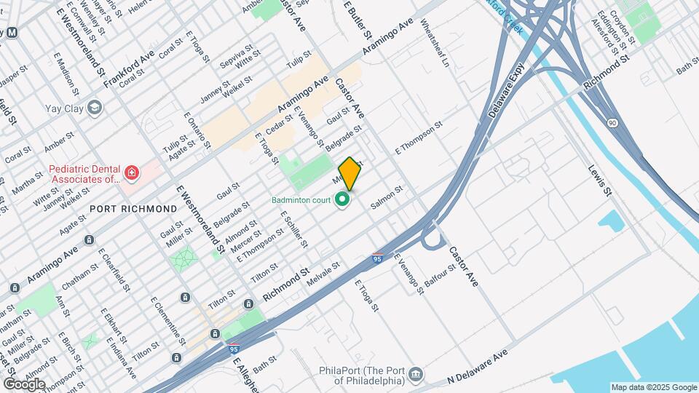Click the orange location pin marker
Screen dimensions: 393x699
[349, 173]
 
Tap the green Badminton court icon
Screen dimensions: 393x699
[342, 199]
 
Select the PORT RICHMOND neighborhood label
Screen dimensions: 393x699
[133, 209]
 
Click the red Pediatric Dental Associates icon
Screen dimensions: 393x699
[131, 173]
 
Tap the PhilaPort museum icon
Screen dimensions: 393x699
[416, 374]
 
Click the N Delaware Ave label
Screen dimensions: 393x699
[477, 368]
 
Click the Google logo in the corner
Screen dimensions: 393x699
[24, 384]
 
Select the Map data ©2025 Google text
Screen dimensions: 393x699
[653, 387]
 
